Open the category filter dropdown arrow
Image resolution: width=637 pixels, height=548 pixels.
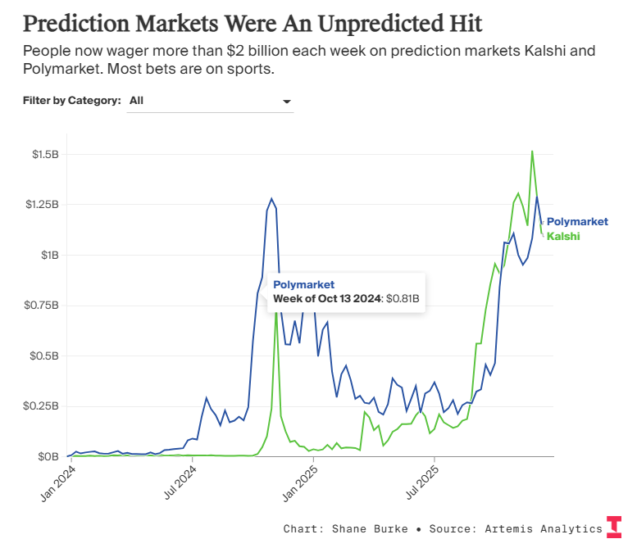pyautogui.click(x=287, y=101)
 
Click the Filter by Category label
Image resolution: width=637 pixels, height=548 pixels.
pyautogui.click(x=72, y=100)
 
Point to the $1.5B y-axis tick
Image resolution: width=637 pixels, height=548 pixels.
pyautogui.click(x=45, y=154)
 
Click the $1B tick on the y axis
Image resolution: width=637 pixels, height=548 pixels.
pyautogui.click(x=51, y=255)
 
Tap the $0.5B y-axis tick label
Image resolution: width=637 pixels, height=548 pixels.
pyautogui.click(x=45, y=356)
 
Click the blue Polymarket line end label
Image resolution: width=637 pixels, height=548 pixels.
pyautogui.click(x=577, y=221)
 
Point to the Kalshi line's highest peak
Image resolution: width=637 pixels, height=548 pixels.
pyautogui.click(x=532, y=152)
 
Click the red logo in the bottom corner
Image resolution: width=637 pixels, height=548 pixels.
pyautogui.click(x=614, y=527)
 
